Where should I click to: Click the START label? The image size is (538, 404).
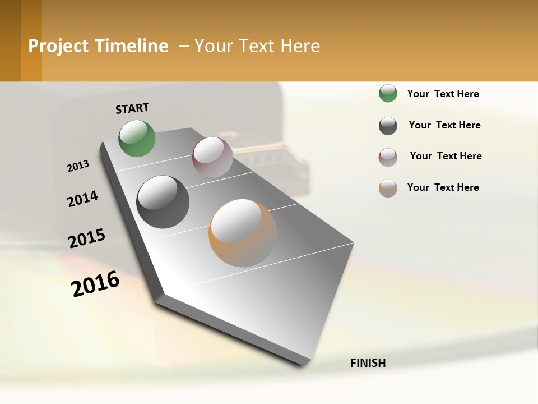(x=132, y=108)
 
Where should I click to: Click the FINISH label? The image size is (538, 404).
(x=368, y=363)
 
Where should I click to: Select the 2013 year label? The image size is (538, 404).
(x=78, y=166)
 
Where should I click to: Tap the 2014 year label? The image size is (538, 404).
(x=82, y=199)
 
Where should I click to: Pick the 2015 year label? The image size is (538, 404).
(x=87, y=238)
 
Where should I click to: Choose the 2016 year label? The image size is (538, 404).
(x=95, y=284)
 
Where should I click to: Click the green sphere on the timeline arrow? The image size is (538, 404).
(x=137, y=138)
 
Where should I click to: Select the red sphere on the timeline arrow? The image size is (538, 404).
(x=212, y=157)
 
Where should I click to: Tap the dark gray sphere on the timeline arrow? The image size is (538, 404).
(x=163, y=201)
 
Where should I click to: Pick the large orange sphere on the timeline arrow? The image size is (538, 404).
(x=243, y=233)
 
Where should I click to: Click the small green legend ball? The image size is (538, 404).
(x=388, y=93)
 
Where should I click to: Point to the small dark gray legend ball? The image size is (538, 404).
(x=388, y=126)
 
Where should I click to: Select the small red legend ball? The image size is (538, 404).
(x=388, y=157)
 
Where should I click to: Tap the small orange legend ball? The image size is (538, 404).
(x=388, y=188)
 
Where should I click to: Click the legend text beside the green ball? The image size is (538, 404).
(x=443, y=94)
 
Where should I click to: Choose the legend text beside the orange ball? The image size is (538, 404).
(x=443, y=187)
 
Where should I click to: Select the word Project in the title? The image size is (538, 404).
(x=58, y=46)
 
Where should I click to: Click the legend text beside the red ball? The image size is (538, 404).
(x=446, y=156)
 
